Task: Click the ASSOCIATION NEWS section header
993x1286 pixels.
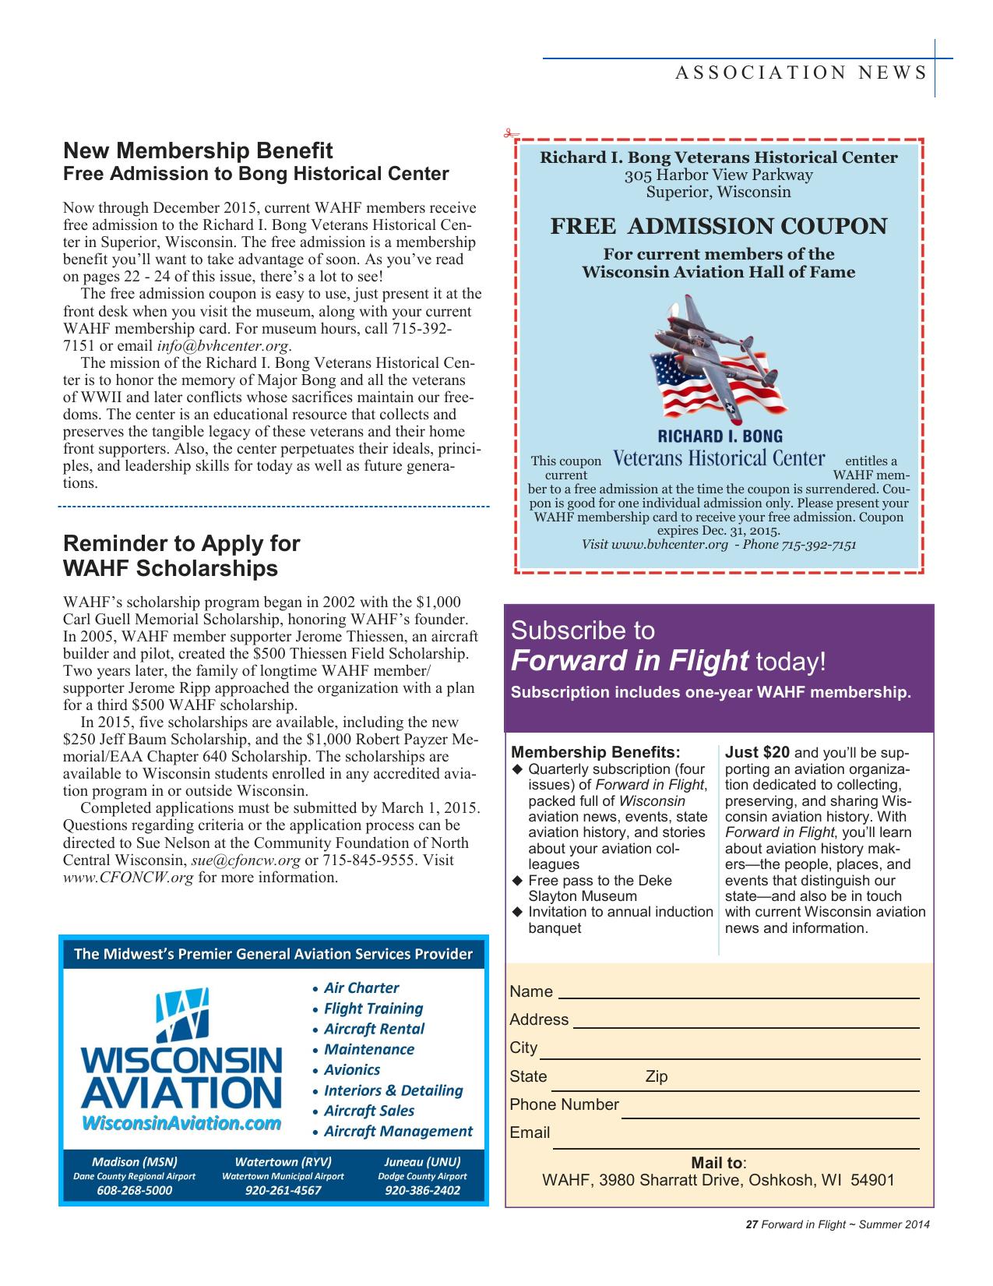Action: pyautogui.click(x=801, y=73)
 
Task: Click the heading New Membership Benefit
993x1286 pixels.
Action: pyautogui.click(x=198, y=150)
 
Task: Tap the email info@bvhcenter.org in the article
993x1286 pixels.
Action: pyautogui.click(x=224, y=346)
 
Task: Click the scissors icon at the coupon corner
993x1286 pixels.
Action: pyautogui.click(x=511, y=134)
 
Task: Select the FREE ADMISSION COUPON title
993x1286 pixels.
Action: pyautogui.click(x=718, y=227)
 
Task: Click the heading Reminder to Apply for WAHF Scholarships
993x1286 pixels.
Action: pyautogui.click(x=181, y=555)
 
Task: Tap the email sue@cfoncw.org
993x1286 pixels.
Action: pyautogui.click(x=245, y=860)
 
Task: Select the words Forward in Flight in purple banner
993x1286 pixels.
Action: pyautogui.click(x=629, y=661)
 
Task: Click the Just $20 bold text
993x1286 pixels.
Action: pyautogui.click(x=757, y=753)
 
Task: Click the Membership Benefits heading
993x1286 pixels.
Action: pyautogui.click(x=596, y=753)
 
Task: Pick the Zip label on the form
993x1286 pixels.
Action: pyautogui.click(x=656, y=1077)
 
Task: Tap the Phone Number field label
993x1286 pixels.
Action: pyautogui.click(x=564, y=1105)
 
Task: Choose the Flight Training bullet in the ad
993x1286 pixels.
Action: pyautogui.click(x=373, y=1009)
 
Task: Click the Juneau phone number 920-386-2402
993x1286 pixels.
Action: pyautogui.click(x=422, y=1190)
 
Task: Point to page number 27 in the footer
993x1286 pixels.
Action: pyautogui.click(x=752, y=1224)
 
